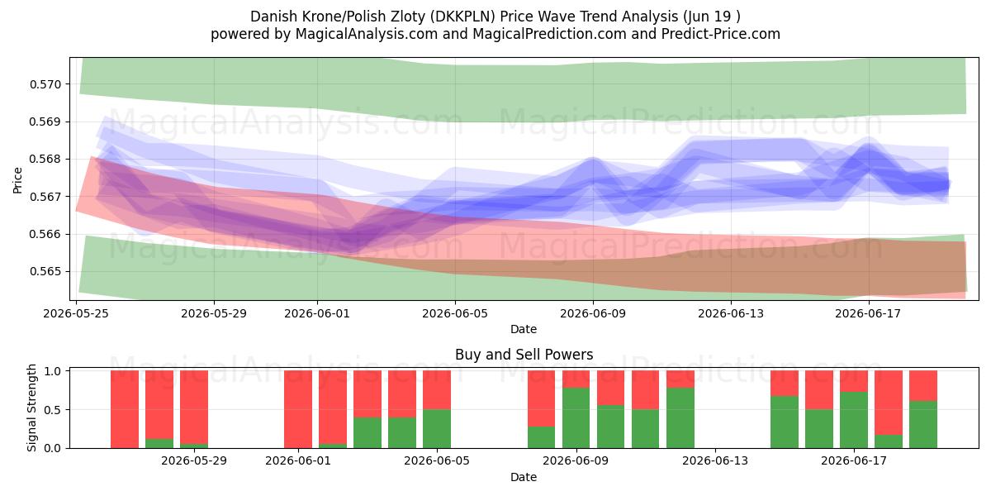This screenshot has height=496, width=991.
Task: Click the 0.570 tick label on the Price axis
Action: [x=45, y=84]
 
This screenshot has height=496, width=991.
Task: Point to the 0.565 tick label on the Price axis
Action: [x=45, y=271]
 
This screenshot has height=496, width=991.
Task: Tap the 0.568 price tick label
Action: [x=45, y=159]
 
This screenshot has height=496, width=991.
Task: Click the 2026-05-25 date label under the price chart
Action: [x=76, y=313]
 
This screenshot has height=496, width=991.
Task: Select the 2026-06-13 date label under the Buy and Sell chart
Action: [x=715, y=461]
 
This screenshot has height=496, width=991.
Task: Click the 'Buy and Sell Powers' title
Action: [x=524, y=355]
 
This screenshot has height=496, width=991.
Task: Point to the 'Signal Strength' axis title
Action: [x=31, y=408]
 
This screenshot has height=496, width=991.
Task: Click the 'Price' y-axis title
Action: [x=17, y=180]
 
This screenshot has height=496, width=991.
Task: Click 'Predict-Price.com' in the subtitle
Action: [x=721, y=34]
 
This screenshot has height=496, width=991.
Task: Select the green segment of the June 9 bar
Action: [x=576, y=418]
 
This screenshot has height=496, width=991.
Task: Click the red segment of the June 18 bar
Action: [x=889, y=403]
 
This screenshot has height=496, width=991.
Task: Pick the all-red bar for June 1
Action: [x=298, y=409]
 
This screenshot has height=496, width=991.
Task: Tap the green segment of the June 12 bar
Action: [x=680, y=418]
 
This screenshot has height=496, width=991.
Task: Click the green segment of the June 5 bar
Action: [x=437, y=429]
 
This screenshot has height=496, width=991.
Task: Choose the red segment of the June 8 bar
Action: [x=541, y=398]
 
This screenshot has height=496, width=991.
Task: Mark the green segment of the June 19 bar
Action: [x=923, y=425]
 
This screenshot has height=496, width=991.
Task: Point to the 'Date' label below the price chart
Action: [x=524, y=329]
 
